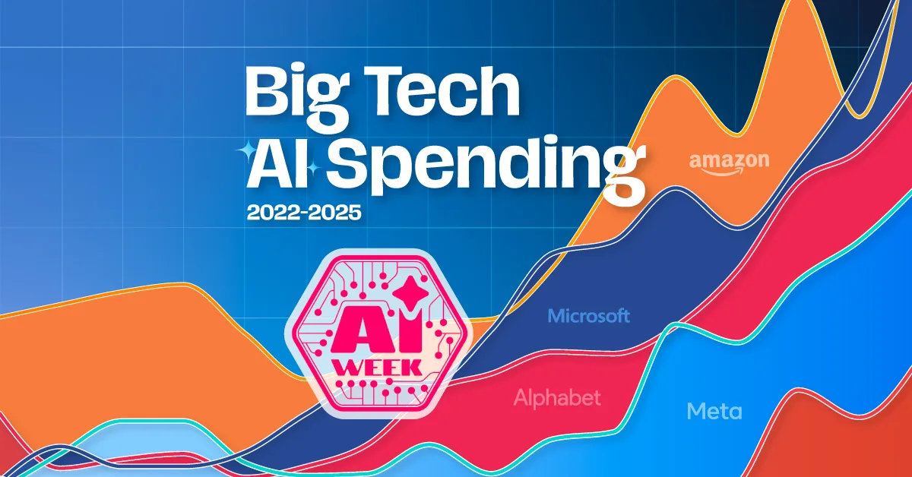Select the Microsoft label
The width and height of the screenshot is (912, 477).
coord(589,316)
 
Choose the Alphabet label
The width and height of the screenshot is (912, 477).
coord(557,397)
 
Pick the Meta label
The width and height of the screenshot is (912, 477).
coord(714,412)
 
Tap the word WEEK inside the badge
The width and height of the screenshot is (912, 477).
coord(378,367)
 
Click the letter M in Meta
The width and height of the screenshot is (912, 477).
coord(696,412)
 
